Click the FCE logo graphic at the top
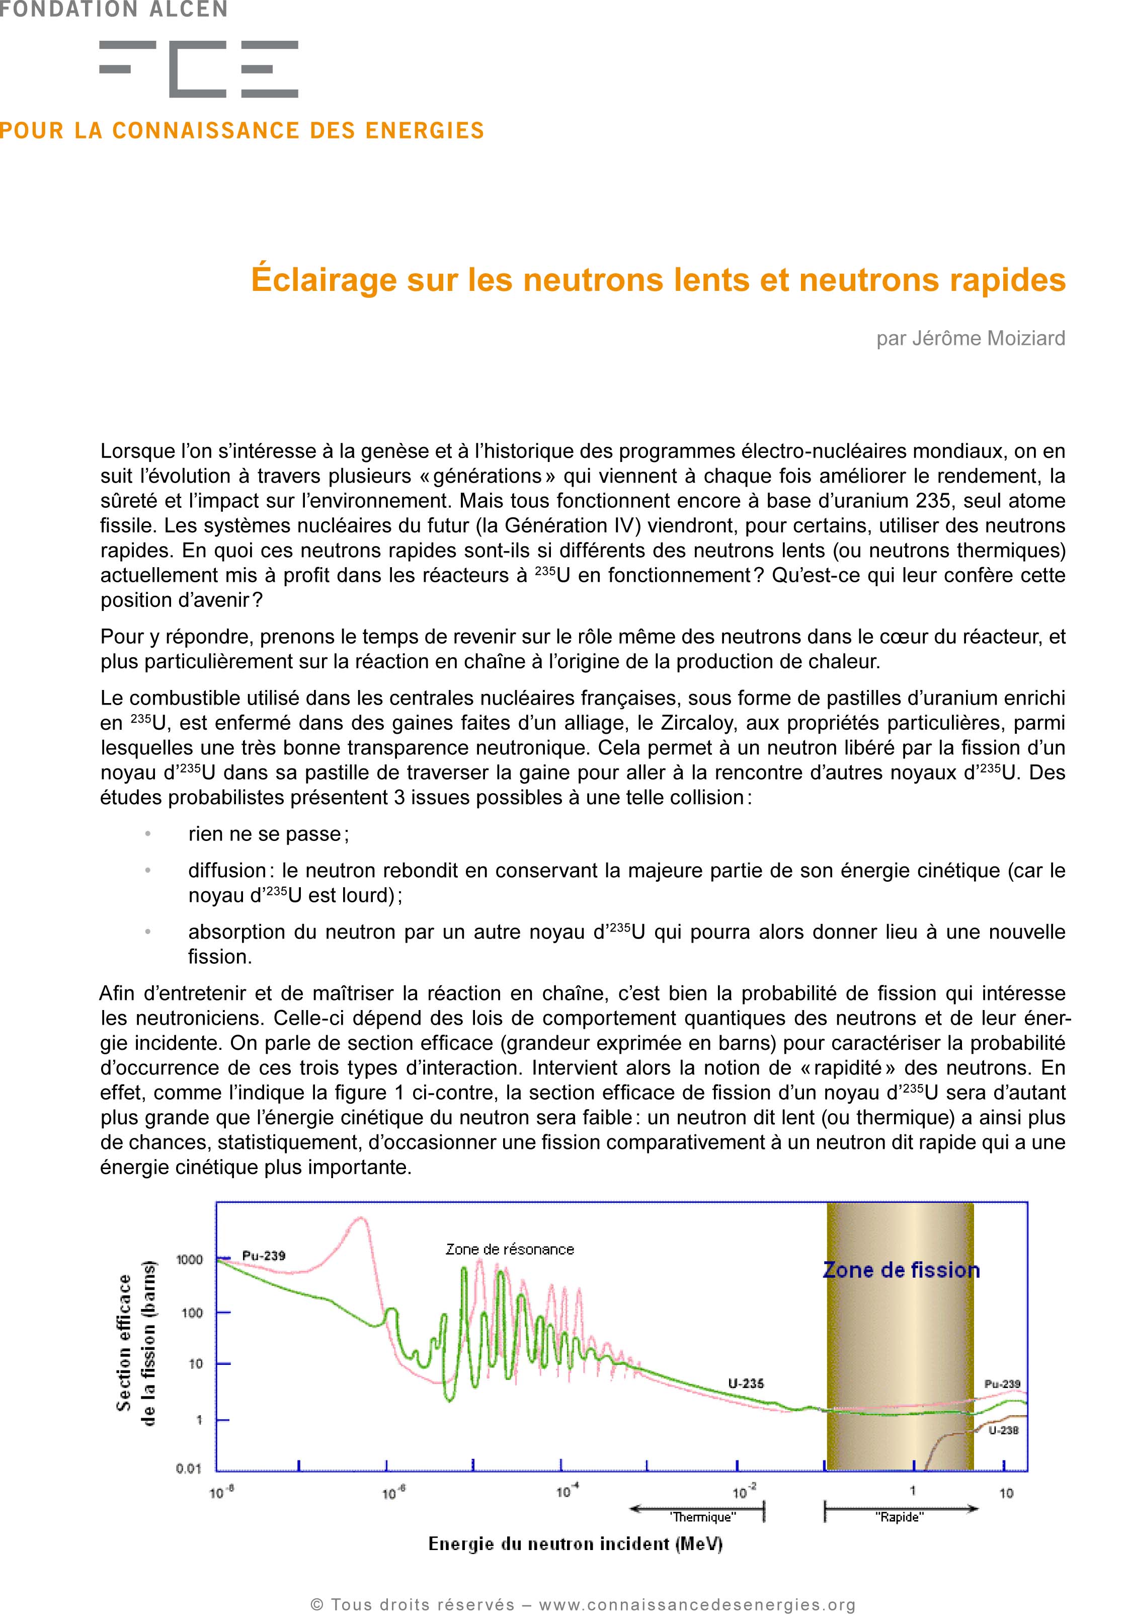pos(198,68)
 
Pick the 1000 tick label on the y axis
pos(189,1259)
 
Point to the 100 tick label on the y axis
pos(192,1313)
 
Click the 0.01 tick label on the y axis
pos(188,1469)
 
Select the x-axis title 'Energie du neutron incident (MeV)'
pos(575,1544)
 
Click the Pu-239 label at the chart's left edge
pos(264,1256)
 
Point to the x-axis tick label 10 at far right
pos(1006,1493)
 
